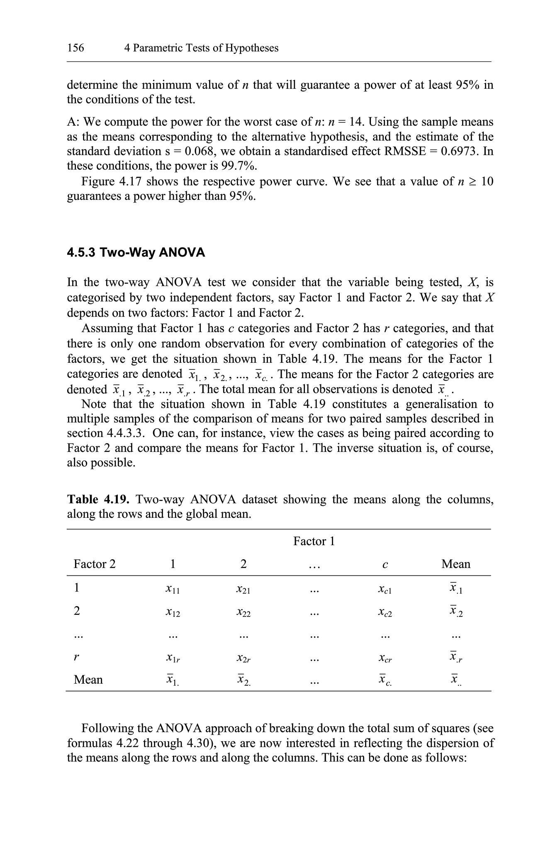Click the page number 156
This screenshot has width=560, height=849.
[75, 48]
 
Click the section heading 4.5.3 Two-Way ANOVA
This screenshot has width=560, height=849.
[136, 252]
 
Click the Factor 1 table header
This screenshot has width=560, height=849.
[314, 541]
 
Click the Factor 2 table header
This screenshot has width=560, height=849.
[95, 564]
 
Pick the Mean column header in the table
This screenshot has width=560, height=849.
[455, 564]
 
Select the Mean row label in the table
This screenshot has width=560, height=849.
[88, 680]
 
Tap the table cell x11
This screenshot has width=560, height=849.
[173, 589]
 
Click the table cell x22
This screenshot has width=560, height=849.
[243, 612]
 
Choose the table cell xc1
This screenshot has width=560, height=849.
[385, 589]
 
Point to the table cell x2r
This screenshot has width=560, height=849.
[243, 658]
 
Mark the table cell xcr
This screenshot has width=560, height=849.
[385, 658]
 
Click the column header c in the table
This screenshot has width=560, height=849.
[385, 565]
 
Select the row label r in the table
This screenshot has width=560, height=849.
[76, 657]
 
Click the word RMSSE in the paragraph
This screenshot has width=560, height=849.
[405, 151]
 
